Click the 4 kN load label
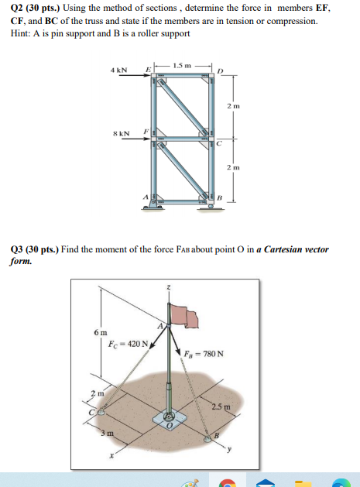[119, 70]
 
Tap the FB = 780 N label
[204, 354]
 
